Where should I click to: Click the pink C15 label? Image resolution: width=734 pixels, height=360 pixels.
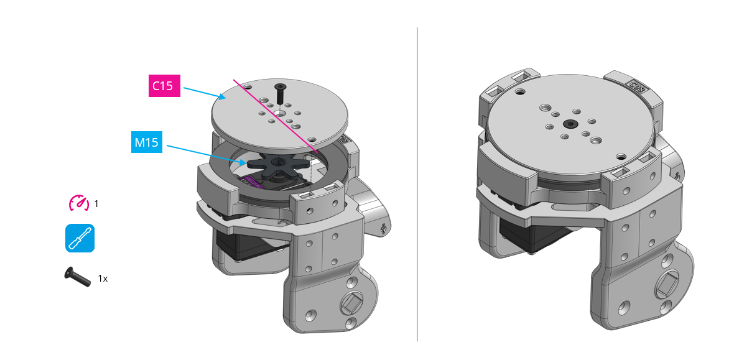coord(164,86)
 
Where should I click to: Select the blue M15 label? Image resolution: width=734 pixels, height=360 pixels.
coord(147,142)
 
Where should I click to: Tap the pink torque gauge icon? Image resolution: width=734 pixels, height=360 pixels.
coord(78,203)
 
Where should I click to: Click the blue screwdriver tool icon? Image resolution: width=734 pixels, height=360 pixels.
coord(80,238)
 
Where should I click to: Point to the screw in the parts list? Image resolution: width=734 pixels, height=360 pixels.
coord(77,277)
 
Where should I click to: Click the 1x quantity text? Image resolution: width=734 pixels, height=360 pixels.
coord(103,279)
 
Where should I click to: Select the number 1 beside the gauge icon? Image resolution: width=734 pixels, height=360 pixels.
coord(96,203)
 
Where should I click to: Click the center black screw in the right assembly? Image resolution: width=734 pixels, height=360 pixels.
coord(570,124)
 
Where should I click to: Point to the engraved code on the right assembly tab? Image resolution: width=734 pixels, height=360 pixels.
coord(637,86)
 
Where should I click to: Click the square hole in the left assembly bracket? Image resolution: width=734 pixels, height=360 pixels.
coord(350,304)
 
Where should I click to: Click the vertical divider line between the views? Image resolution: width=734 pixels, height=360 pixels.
coord(417,187)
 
